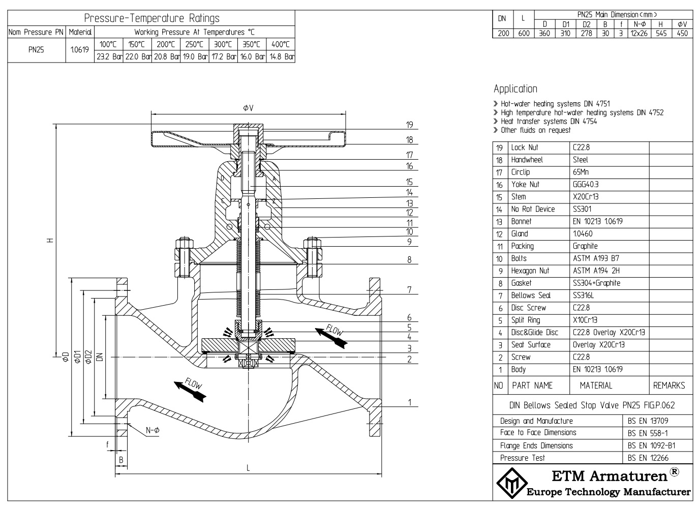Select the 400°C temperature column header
click(280, 44)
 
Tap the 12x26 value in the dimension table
click(638, 33)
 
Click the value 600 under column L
click(524, 33)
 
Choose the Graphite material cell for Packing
click(585, 246)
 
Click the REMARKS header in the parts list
click(668, 385)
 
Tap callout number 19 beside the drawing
click(410, 125)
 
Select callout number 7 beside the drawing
click(409, 290)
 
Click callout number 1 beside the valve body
click(409, 403)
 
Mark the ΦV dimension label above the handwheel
click(248, 108)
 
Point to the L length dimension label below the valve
click(248, 468)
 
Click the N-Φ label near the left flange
click(153, 430)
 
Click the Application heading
click(515, 89)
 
